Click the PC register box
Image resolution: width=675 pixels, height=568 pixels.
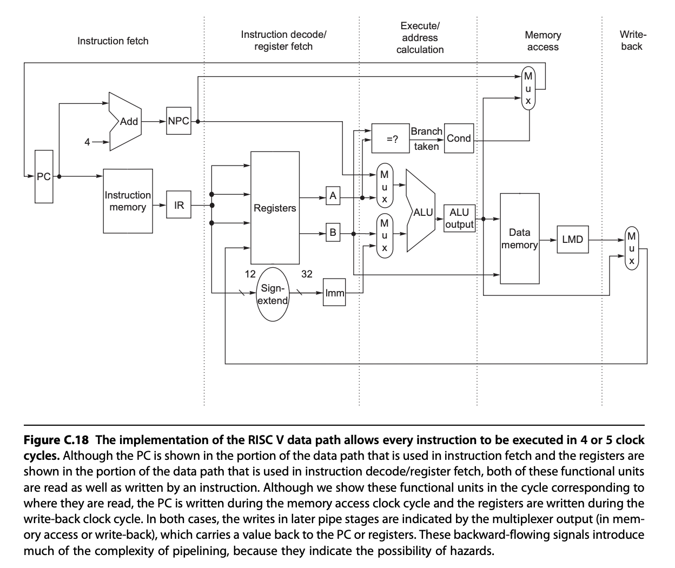tap(44, 176)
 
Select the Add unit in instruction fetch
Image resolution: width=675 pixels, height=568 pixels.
tap(125, 121)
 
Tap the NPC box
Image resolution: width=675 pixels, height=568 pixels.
tap(178, 121)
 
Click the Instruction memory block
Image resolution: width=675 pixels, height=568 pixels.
tap(128, 201)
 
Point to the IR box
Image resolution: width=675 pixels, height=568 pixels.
tap(179, 205)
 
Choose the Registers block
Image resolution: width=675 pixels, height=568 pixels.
tap(275, 208)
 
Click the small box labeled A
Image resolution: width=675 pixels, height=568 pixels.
tap(333, 196)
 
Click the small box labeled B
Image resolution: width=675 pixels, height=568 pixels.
tap(333, 233)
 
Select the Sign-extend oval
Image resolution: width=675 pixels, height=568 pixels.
tap(272, 294)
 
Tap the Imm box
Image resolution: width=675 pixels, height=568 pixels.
tap(334, 293)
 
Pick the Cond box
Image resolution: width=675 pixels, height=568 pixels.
tap(459, 138)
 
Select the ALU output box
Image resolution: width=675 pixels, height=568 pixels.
tap(459, 219)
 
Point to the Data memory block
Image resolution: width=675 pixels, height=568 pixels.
tap(519, 239)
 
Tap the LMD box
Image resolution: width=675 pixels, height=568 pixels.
tap(572, 239)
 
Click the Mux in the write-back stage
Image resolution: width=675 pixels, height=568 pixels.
tap(631, 248)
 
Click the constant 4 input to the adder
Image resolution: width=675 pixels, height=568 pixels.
tap(87, 142)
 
